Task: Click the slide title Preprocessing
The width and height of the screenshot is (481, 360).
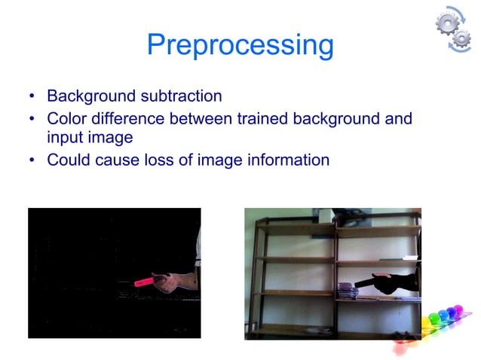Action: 240,45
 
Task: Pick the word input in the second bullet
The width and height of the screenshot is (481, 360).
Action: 64,139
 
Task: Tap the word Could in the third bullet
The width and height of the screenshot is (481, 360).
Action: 67,160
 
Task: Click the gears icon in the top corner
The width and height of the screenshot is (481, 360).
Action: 454,29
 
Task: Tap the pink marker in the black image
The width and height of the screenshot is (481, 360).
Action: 143,282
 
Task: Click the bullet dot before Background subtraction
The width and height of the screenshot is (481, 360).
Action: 32,97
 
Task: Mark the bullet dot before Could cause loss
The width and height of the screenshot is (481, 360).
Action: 32,161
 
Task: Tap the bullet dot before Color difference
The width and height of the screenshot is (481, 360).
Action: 32,119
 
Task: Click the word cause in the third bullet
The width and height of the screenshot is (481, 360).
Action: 116,160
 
